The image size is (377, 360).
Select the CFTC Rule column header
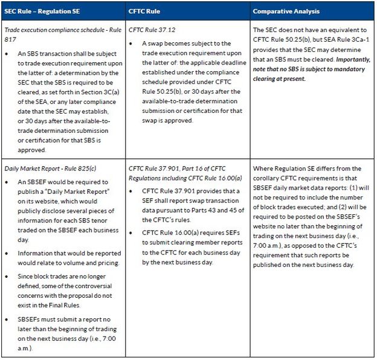tap(144, 11)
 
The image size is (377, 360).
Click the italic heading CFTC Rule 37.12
tap(149, 30)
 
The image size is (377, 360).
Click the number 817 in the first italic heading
tap(10, 39)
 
